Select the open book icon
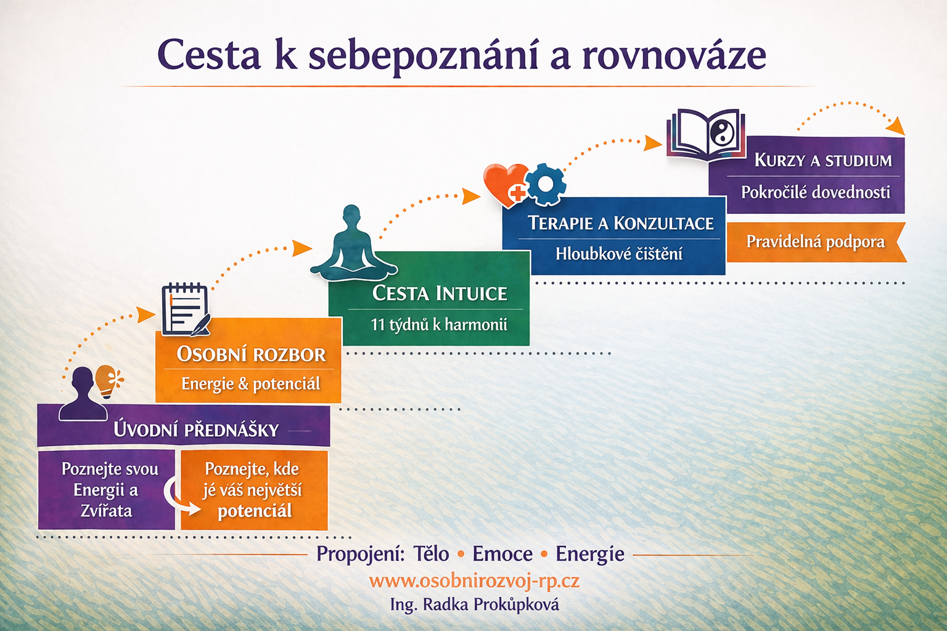tap(705, 135)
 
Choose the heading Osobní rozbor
tap(251, 354)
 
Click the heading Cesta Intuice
tap(439, 293)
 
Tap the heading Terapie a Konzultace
tap(621, 223)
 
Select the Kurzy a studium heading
tap(823, 160)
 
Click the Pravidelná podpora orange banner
tap(816, 242)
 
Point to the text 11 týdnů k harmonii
tap(439, 325)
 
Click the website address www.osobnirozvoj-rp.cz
tap(474, 580)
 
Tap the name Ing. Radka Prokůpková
tap(474, 605)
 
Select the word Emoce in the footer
tap(502, 553)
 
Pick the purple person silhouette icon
tap(83, 394)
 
